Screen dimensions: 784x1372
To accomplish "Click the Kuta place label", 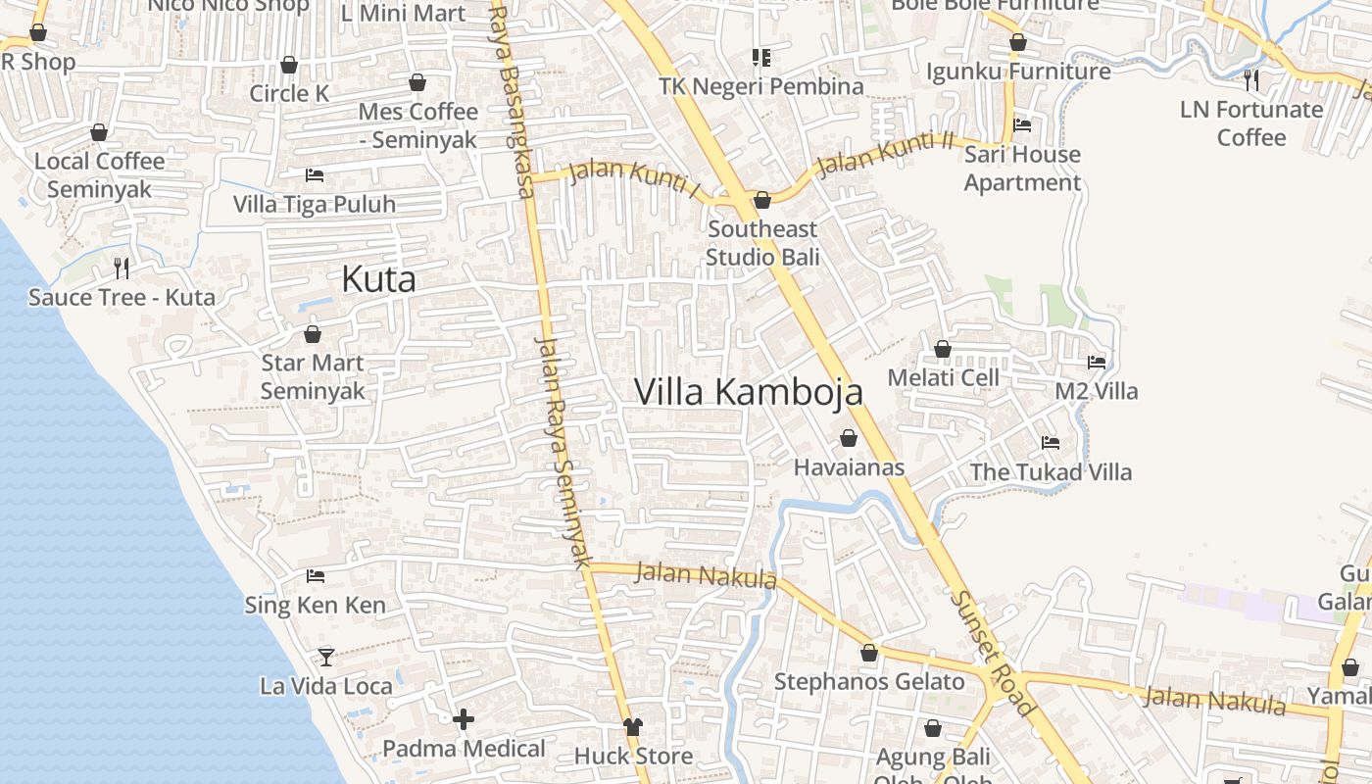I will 378,279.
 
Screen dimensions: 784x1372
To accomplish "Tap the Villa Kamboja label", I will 749,392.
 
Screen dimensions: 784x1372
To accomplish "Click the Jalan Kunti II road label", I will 885,154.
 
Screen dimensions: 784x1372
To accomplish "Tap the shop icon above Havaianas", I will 849,438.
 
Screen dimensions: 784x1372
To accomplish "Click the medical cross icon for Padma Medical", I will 464,720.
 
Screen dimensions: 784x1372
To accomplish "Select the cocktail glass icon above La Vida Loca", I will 326,657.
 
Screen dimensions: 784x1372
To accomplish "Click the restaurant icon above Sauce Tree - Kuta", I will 122,268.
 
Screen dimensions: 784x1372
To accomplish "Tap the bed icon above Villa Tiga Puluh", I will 315,175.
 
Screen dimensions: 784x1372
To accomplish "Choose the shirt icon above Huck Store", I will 633,727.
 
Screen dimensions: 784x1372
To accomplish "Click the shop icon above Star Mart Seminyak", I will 313,334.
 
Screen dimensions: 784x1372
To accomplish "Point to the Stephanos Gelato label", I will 869,681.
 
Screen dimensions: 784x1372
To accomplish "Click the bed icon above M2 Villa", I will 1097,363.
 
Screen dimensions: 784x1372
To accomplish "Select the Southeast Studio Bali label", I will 762,243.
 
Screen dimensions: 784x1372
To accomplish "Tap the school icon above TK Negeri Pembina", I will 760,58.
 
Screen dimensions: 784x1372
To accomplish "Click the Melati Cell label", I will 943,377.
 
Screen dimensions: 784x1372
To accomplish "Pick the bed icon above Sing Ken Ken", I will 316,575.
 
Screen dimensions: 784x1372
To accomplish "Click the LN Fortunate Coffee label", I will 1251,122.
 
